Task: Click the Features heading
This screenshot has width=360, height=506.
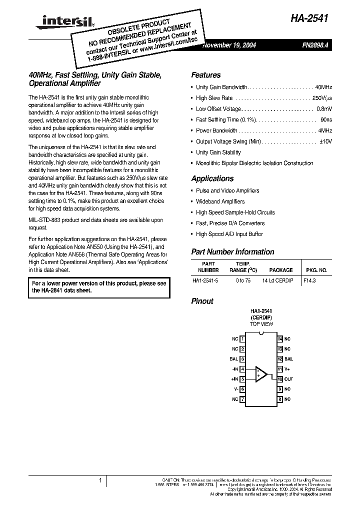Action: [x=205, y=75]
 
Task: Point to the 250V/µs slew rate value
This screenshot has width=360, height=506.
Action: [x=321, y=98]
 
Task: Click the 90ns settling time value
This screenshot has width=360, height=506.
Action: [x=326, y=120]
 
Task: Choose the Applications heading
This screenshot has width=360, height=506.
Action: [x=212, y=178]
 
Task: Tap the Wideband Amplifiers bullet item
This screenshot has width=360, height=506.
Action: [x=220, y=201]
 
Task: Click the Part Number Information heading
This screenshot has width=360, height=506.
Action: [x=232, y=252]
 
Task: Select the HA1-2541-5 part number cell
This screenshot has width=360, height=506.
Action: [x=205, y=281]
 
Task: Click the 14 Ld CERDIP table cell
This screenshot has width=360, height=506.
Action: [x=277, y=281]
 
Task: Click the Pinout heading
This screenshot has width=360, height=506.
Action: [x=202, y=301]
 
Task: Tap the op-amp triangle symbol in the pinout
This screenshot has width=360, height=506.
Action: [x=261, y=374]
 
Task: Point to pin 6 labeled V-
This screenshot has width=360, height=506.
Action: [x=242, y=389]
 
